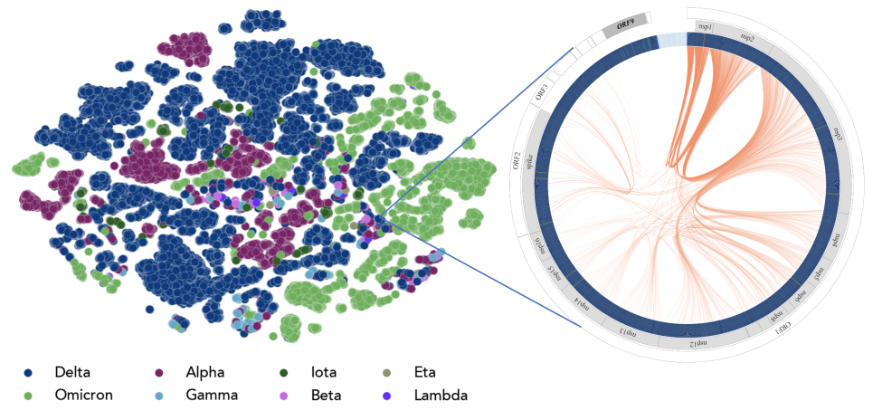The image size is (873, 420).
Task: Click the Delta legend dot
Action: coord(28,372)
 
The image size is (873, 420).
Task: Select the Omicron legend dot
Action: coord(28,395)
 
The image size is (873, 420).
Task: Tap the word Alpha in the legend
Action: coord(204,372)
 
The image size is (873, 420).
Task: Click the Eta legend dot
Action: coord(389,372)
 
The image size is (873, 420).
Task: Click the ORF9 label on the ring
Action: coord(625,24)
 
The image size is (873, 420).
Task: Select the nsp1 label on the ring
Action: coord(705,28)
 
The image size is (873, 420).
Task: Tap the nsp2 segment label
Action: coord(747,37)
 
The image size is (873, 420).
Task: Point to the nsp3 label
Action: coord(838,132)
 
